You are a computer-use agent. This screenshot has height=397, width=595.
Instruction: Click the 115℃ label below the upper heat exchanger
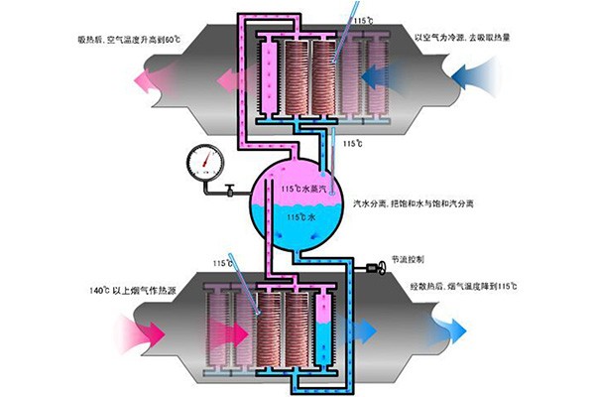[x=351, y=144]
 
